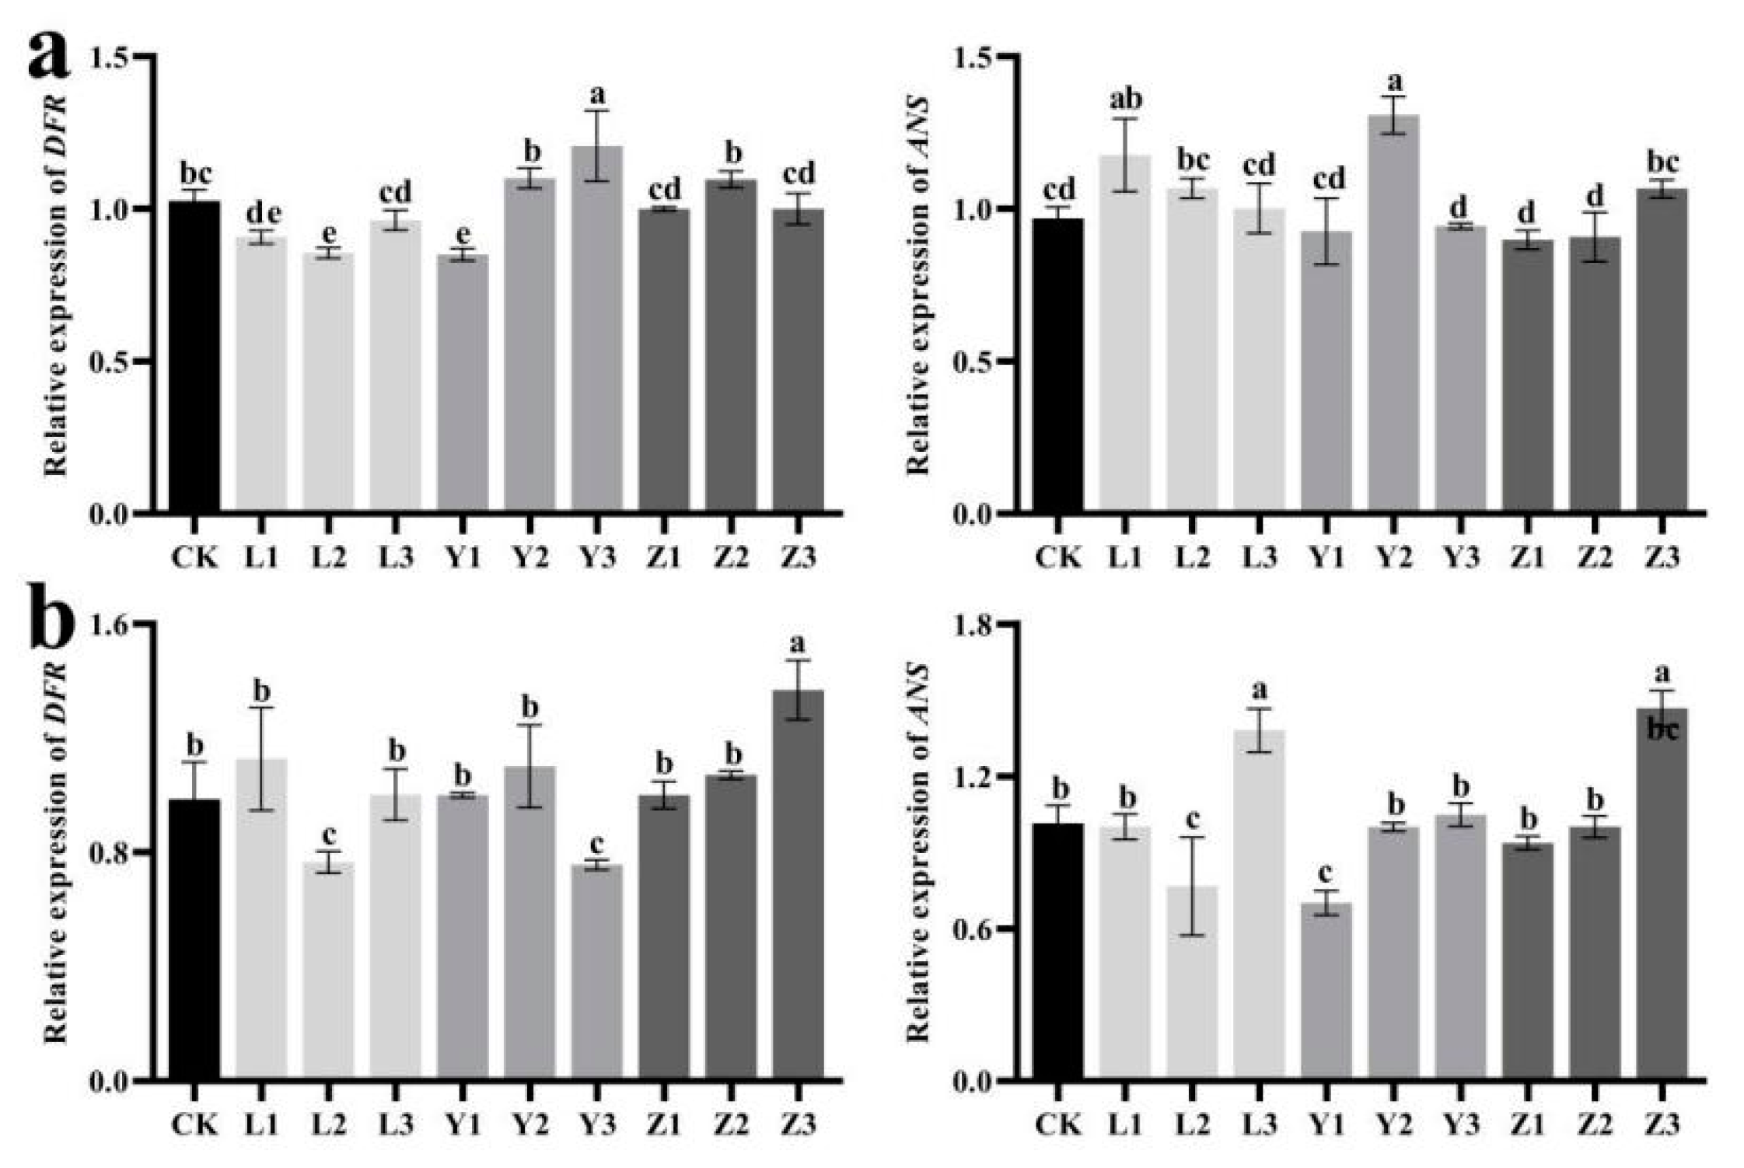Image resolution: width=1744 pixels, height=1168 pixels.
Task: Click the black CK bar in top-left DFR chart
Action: (194, 358)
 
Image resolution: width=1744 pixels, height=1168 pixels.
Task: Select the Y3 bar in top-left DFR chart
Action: (597, 330)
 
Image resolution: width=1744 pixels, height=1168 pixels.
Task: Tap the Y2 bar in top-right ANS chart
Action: (1393, 315)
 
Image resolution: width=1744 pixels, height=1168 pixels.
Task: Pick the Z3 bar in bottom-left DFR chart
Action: (798, 886)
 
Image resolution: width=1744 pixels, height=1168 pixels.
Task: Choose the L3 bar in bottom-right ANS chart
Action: (1260, 906)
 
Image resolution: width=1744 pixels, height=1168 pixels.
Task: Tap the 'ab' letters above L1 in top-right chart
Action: (1124, 100)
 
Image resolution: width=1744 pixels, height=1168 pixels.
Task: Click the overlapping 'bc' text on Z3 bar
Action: (1662, 730)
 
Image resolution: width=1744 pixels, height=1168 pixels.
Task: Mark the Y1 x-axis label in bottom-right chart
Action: (1326, 1124)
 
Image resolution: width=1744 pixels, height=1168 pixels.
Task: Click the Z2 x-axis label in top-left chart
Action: (731, 557)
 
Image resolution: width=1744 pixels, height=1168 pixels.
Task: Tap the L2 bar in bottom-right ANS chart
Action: (1192, 984)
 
